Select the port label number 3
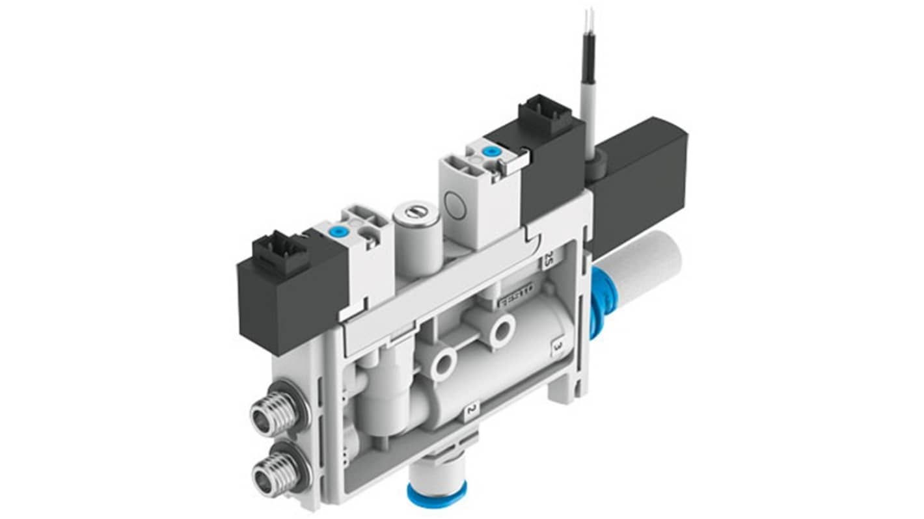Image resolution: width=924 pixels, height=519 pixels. click(557, 347)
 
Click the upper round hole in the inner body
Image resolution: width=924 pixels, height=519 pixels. click(501, 330)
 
